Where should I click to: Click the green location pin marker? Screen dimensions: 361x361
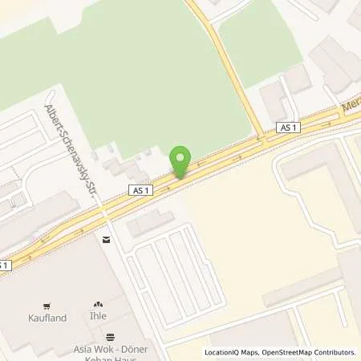tap(180, 160)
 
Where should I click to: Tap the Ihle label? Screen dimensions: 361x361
tap(99, 317)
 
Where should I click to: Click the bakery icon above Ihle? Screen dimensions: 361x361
tap(99, 305)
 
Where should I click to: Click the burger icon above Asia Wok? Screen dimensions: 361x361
tap(110, 336)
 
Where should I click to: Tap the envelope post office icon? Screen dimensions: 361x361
tap(106, 239)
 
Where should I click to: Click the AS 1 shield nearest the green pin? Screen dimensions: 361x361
tap(140, 189)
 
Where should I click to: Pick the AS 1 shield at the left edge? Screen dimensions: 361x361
tap(4, 265)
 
